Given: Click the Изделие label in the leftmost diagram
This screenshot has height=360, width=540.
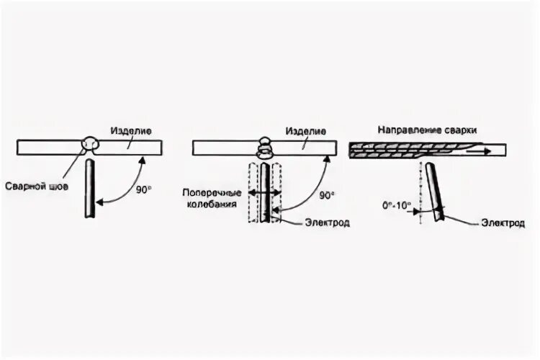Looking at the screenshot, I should pyautogui.click(x=130, y=132).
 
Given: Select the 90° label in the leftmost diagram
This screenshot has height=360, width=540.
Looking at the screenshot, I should pyautogui.click(x=144, y=190).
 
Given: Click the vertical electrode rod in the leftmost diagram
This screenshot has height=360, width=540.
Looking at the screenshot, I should pyautogui.click(x=89, y=190).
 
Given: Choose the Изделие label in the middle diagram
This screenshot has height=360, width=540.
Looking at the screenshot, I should pyautogui.click(x=305, y=132).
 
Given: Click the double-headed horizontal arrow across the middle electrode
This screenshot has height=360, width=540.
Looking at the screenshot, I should pyautogui.click(x=265, y=193).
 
